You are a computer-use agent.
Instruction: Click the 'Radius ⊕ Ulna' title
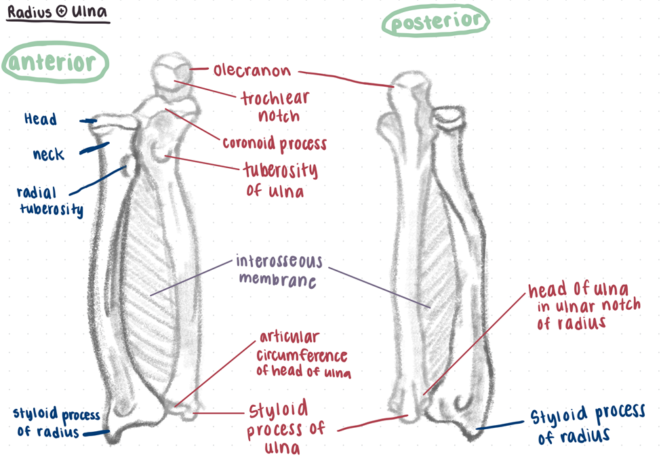57,12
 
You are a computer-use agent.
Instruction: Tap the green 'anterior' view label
56,63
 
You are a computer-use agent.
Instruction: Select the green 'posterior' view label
435,22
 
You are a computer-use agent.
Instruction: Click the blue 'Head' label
41,120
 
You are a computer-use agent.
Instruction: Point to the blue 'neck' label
49,155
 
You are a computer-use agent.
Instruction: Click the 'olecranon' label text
252,71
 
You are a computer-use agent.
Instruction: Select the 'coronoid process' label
275,144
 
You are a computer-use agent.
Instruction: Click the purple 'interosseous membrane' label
279,271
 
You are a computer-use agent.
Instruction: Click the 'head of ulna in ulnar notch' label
583,306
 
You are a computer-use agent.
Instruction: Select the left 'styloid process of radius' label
56,423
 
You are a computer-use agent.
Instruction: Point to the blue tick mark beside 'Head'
88,121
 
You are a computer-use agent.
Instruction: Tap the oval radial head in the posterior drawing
447,116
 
